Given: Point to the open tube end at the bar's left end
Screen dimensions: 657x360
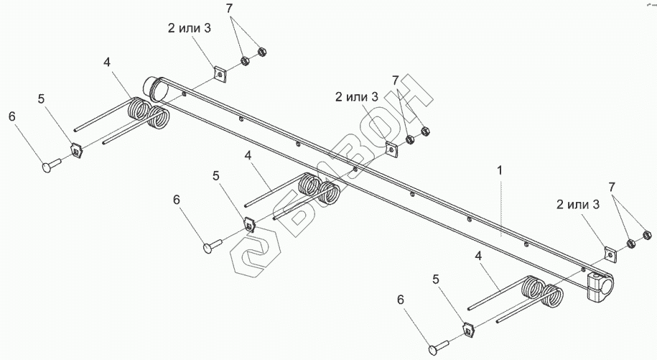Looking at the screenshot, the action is (x=155, y=88).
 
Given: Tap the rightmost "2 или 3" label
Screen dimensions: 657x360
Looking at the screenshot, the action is (x=577, y=205).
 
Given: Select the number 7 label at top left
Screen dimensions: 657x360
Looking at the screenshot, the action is (x=229, y=9).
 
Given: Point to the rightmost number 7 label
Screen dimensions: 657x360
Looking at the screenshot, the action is (x=612, y=187).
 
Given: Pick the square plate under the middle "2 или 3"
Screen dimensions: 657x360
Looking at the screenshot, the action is (x=392, y=148).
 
